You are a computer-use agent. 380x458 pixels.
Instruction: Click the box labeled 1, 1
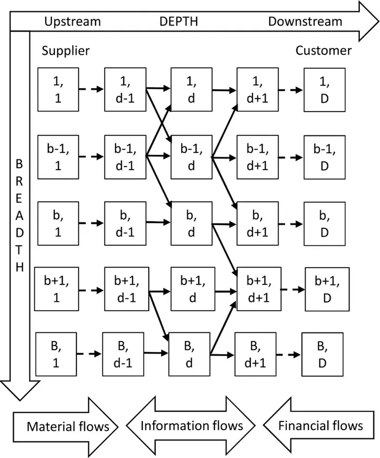click(58, 89)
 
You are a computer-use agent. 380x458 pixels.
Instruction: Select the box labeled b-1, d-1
click(125, 157)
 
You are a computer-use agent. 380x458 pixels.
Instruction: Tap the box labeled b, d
click(191, 223)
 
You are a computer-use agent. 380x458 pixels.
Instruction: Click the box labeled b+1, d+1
click(258, 289)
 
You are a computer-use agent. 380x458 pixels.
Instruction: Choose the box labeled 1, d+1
click(258, 89)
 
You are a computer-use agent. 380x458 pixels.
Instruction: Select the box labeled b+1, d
click(191, 289)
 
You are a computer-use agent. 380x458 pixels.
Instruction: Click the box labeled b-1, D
click(324, 157)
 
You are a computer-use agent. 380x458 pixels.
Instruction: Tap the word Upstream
click(72, 22)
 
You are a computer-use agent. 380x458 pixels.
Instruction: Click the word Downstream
click(305, 22)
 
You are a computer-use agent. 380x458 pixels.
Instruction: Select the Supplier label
click(66, 51)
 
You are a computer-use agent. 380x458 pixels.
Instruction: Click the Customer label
click(324, 51)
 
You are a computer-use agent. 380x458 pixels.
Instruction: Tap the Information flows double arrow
click(192, 425)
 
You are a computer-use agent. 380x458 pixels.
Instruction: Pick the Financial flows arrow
click(319, 425)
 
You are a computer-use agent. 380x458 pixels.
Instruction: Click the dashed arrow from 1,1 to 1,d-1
click(91, 89)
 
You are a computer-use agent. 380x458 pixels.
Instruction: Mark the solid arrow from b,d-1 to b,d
click(158, 222)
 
